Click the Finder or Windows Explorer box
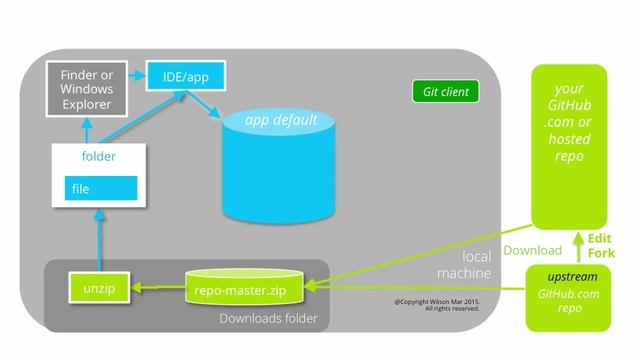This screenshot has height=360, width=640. [87, 88]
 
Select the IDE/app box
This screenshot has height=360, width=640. [185, 74]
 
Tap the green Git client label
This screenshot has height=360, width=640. [446, 92]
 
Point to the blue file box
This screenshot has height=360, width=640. [101, 188]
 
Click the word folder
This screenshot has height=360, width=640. [98, 157]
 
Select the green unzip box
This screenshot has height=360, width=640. [98, 287]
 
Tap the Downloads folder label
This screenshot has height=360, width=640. [268, 319]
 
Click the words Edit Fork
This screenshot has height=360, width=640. [600, 247]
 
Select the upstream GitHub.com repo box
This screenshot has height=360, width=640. [568, 295]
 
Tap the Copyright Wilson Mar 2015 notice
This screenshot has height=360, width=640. [437, 305]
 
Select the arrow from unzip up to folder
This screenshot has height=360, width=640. [98, 240]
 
